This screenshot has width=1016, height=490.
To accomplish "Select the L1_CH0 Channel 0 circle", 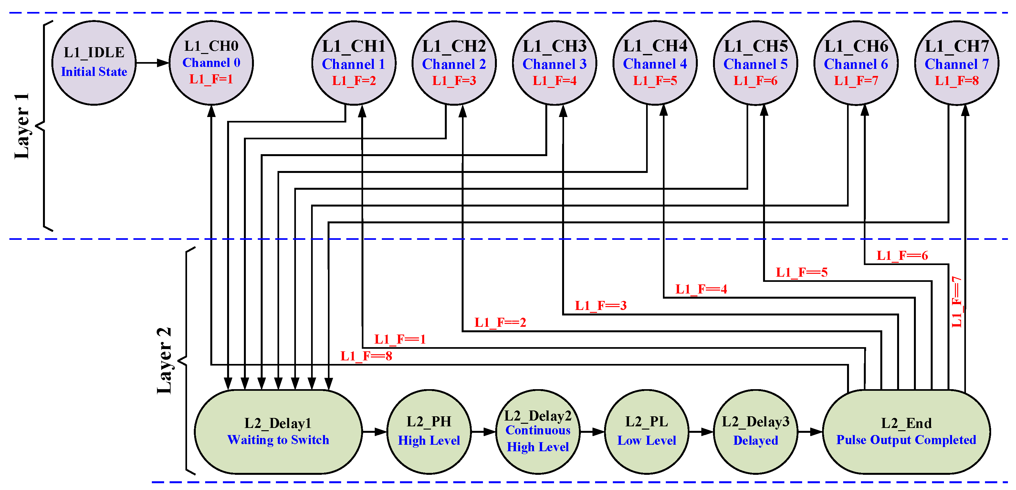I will click(211, 63).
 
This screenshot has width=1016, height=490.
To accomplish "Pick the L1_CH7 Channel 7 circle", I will click(957, 63).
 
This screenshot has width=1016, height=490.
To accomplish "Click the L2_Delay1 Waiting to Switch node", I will click(278, 431).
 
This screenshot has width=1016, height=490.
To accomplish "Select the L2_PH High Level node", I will click(429, 431).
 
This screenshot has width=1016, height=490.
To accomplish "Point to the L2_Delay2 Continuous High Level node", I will click(538, 431).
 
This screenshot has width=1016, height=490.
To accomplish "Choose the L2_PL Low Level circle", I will click(646, 431).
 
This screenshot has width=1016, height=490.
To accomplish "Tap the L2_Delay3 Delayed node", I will click(755, 431).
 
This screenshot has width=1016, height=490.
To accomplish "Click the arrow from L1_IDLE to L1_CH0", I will click(152, 63).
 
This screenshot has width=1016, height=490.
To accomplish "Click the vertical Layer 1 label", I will click(22, 126).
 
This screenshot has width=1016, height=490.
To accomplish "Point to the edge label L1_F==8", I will click(366, 356).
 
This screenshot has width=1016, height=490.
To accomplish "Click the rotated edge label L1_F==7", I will click(957, 302).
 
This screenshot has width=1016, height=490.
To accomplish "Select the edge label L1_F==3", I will click(600, 306).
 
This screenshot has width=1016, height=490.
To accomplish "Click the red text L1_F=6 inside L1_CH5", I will click(755, 81).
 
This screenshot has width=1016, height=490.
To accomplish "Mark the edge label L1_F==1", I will click(400, 339).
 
